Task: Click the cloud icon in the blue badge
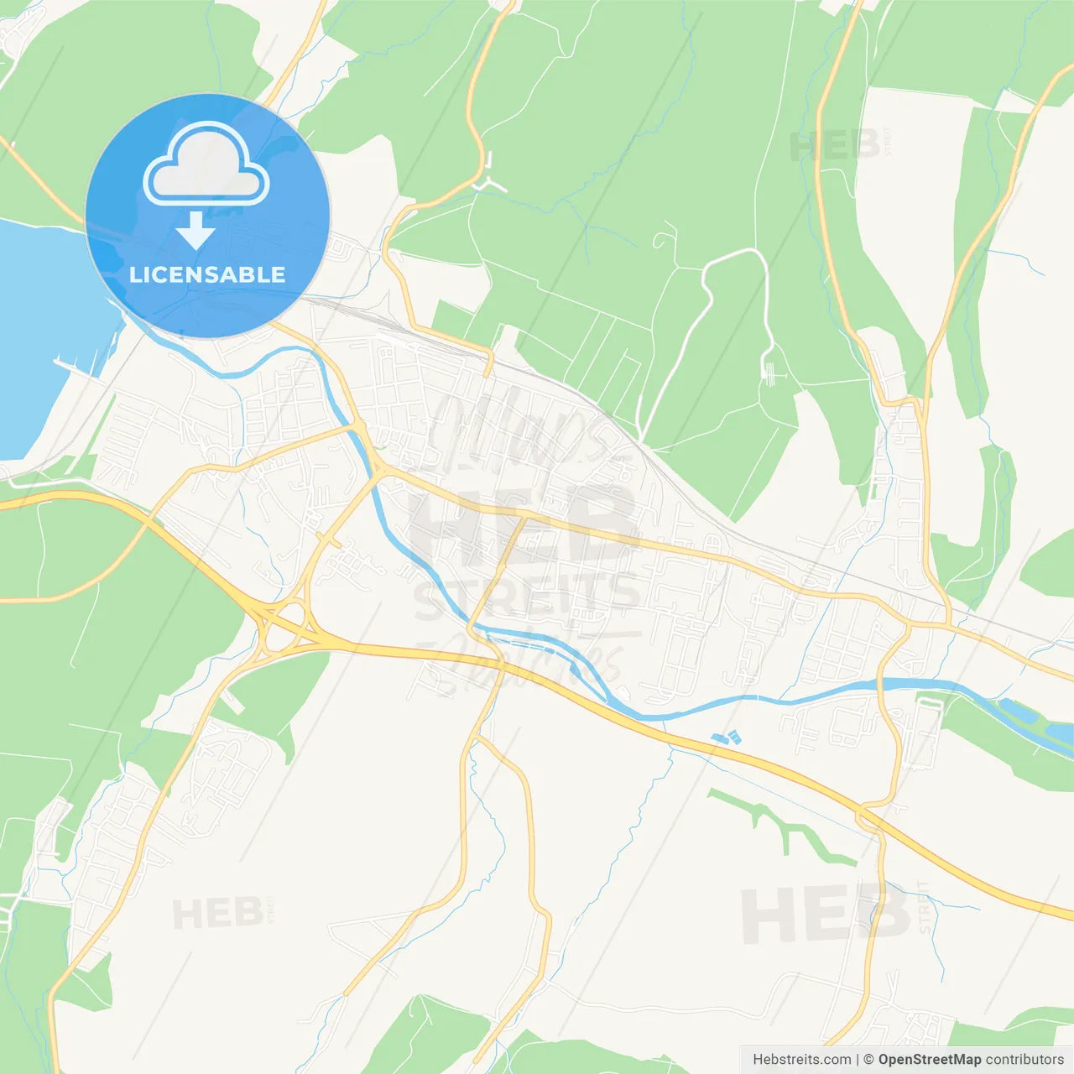tap(206, 164)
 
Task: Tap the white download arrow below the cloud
tap(196, 231)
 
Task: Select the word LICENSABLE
tap(207, 274)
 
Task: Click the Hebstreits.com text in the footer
tap(801, 1060)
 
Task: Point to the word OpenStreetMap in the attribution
tap(929, 1060)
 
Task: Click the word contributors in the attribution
tap(1024, 1060)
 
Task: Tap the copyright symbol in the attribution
tap(868, 1060)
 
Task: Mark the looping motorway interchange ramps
tap(281, 621)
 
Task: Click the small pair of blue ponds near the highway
tap(727, 738)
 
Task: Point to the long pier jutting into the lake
tap(76, 367)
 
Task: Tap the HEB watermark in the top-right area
tap(835, 146)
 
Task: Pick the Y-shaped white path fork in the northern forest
tap(489, 183)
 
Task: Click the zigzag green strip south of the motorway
tap(780, 826)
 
